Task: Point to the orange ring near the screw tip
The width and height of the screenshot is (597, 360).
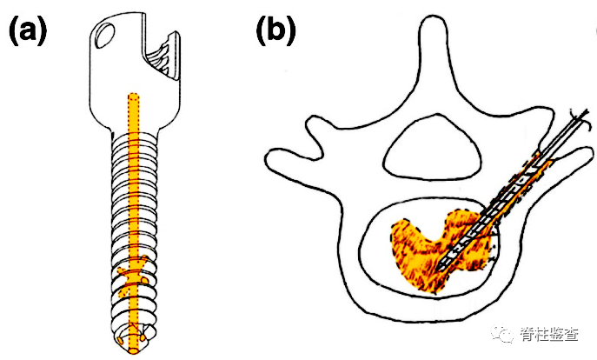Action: [x=132, y=280]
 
